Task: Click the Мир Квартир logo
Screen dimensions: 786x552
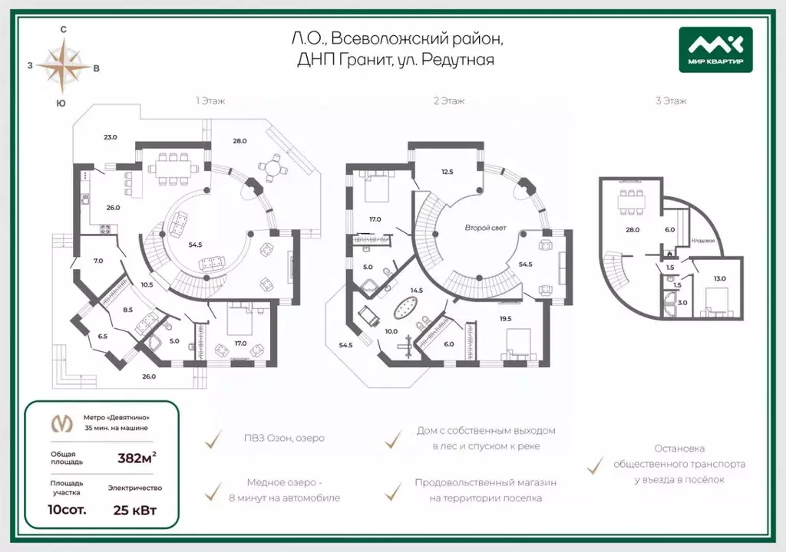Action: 715,50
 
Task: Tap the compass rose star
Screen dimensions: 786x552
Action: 63,65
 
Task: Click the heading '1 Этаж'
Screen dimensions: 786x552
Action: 210,101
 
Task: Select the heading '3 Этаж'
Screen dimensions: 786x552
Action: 671,101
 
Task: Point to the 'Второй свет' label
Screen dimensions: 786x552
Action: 485,228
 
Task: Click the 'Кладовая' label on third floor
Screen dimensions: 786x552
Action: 703,241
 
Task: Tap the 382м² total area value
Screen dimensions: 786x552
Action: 137,458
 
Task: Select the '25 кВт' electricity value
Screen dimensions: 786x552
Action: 135,511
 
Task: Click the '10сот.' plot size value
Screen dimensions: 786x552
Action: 67,510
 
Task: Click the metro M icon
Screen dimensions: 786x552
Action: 62,423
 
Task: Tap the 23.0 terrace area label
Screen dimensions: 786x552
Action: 111,137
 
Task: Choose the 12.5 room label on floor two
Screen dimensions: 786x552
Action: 447,172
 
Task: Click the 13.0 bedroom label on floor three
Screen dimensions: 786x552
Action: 719,278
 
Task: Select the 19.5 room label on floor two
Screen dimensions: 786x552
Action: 505,319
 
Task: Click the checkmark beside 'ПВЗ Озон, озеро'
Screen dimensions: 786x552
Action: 214,439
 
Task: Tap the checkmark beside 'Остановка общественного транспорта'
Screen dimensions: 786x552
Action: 595,465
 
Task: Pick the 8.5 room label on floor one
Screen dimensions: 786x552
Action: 128,310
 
